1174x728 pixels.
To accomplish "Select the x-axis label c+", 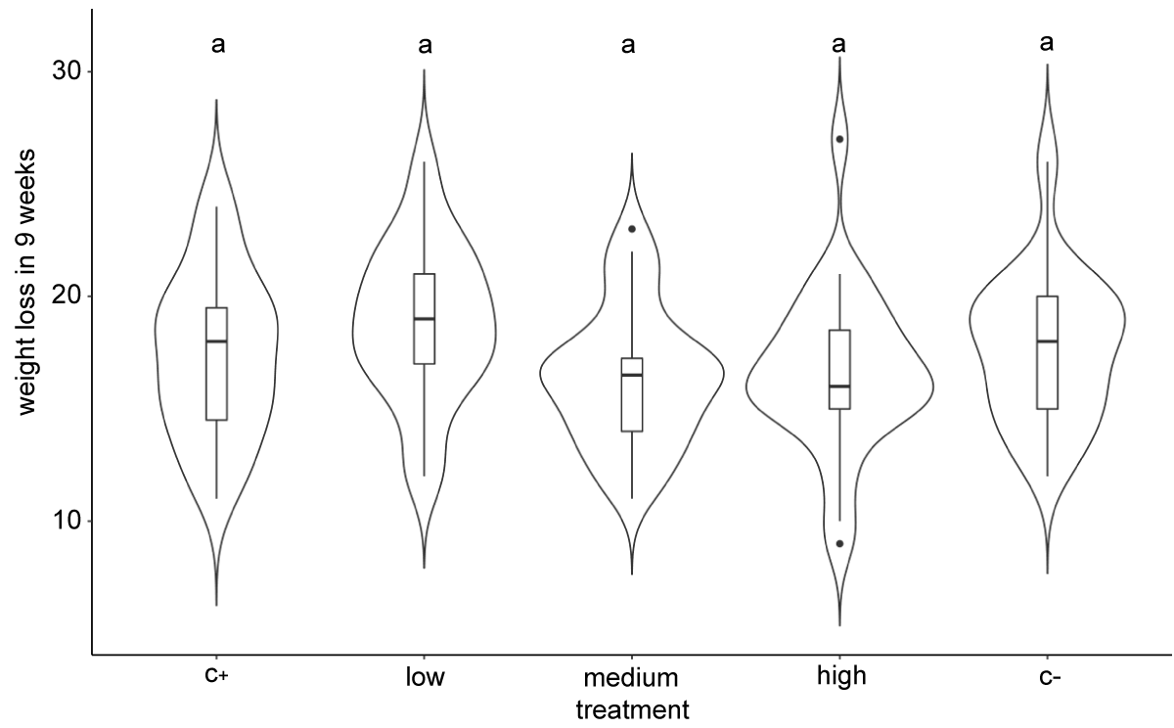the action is [216, 676].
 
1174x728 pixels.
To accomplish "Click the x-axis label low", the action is [425, 677].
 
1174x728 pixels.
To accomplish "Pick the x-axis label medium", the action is [631, 677].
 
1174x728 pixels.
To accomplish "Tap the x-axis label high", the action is [841, 677].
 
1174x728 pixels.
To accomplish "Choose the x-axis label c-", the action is [1049, 677].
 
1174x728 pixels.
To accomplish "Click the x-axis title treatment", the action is [633, 710].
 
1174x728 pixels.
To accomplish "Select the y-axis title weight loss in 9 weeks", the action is [25, 282].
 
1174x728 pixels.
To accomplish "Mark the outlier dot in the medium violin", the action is [632, 229].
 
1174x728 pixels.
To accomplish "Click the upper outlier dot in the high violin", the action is [839, 139].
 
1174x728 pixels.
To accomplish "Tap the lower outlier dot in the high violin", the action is [839, 543].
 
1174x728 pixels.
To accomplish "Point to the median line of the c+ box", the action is [216, 341].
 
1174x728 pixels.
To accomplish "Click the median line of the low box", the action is [424, 318].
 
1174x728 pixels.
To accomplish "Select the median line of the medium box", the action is [632, 375].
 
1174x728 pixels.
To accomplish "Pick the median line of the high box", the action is [839, 387].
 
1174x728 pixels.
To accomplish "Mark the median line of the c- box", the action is [1048, 341].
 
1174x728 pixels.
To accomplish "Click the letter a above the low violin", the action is [425, 45].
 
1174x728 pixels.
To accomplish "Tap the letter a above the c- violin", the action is [1047, 43].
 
